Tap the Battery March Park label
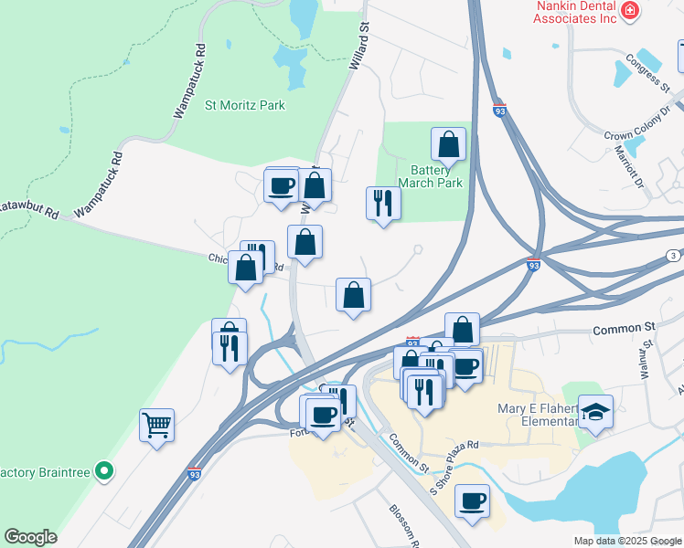436,176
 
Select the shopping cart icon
156,425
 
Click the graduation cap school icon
596,412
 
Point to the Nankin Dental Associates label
572,10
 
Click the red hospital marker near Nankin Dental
628,10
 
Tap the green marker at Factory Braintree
105,471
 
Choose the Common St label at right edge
625,328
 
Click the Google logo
30,537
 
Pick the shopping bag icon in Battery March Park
448,144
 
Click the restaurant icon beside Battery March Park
382,204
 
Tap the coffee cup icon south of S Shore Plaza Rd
472,501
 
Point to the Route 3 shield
673,255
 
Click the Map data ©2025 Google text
627,541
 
